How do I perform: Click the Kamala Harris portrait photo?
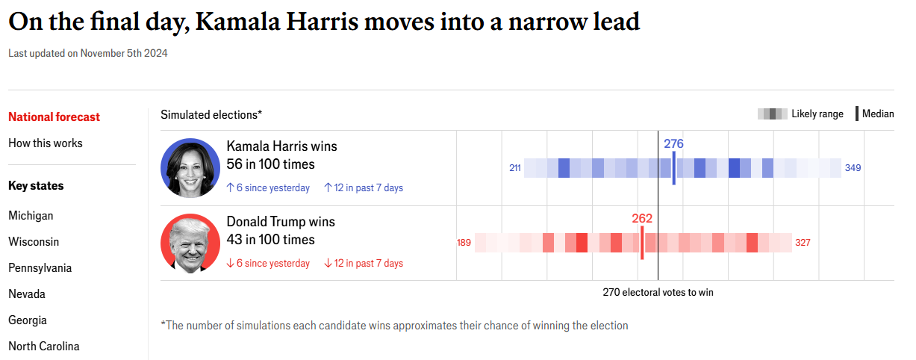tap(190, 168)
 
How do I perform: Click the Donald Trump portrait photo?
tap(190, 243)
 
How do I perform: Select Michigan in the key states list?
tap(31, 216)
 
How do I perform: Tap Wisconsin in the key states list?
tap(34, 242)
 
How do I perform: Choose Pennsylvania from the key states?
tap(40, 268)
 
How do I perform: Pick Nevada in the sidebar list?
tap(27, 294)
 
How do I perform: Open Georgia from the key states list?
tap(28, 320)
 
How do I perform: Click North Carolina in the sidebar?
tap(44, 347)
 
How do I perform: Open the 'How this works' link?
tap(46, 143)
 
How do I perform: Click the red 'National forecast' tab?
tap(54, 117)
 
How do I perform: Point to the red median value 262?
tap(642, 219)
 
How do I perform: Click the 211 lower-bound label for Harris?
tap(515, 168)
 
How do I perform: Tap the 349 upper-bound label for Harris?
tap(853, 168)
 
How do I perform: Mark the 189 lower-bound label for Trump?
tap(464, 243)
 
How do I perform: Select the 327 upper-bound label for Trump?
tap(803, 243)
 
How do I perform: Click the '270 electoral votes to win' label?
tap(658, 293)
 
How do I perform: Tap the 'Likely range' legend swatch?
tap(773, 114)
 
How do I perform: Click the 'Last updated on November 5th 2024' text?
tap(88, 53)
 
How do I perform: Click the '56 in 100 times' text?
tap(271, 164)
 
